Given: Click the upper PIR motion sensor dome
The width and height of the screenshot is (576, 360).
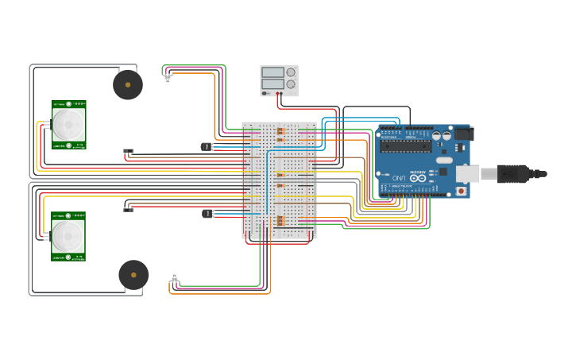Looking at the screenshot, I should tap(68, 125).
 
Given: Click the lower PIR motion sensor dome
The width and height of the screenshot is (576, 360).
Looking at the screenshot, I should tap(68, 236).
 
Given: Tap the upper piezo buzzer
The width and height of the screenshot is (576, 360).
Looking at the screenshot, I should tap(128, 85).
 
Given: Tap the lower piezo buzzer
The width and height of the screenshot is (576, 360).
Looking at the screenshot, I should tap(133, 275).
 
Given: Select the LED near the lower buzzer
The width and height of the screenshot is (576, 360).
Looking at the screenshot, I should tap(175, 277).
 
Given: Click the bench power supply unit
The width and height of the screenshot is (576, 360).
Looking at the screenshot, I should tap(279, 80).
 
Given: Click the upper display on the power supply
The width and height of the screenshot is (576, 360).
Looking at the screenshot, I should tap(273, 72).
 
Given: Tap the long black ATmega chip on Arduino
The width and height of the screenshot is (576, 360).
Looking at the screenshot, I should tap(405, 145).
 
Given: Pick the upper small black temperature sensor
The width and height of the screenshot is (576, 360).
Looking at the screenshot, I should tap(207, 146).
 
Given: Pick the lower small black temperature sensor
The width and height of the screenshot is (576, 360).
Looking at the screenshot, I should tap(207, 213).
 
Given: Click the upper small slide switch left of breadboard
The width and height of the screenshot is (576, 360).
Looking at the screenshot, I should tap(128, 151).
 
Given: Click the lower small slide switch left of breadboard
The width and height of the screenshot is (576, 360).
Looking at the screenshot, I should tap(128, 209).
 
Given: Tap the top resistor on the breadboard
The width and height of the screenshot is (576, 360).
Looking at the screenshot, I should tap(280, 130).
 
